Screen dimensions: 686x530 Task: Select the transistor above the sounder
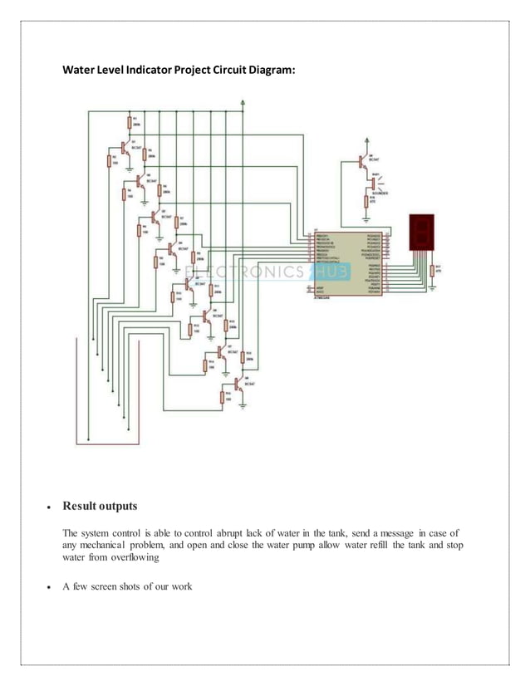coord(362,164)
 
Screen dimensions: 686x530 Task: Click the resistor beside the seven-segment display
coord(433,269)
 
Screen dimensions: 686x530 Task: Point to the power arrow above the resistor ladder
coord(242,103)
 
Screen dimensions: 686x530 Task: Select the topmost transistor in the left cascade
coord(123,148)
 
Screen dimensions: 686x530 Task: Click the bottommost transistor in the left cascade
coord(238,384)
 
